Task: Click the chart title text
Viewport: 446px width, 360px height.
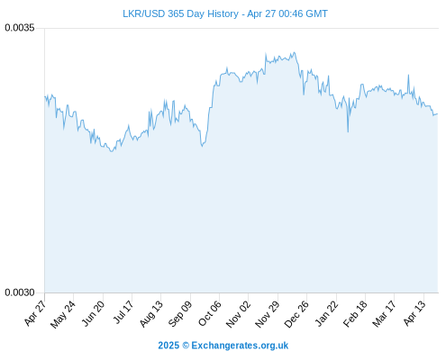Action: (225, 13)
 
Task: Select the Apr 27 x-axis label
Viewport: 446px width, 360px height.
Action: (35, 313)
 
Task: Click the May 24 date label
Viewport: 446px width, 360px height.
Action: (63, 314)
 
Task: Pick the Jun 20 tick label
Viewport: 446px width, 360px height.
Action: (94, 313)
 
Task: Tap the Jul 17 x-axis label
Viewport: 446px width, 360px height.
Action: (123, 312)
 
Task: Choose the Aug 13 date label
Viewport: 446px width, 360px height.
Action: (151, 314)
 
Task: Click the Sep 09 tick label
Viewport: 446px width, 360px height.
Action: (180, 314)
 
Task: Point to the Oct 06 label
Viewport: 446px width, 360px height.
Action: (210, 313)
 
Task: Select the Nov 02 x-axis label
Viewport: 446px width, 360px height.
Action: (238, 314)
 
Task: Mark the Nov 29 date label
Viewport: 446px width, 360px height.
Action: (268, 314)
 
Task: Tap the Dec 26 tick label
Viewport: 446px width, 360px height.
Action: (296, 314)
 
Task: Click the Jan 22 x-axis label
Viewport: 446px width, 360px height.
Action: (327, 313)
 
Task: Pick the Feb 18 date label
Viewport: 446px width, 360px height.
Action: (355, 314)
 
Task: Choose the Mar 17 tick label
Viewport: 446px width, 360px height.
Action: (385, 314)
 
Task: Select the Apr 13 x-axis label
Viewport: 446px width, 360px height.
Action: (414, 313)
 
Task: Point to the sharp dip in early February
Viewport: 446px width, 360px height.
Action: (348, 131)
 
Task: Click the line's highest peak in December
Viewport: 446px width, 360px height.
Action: (295, 52)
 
